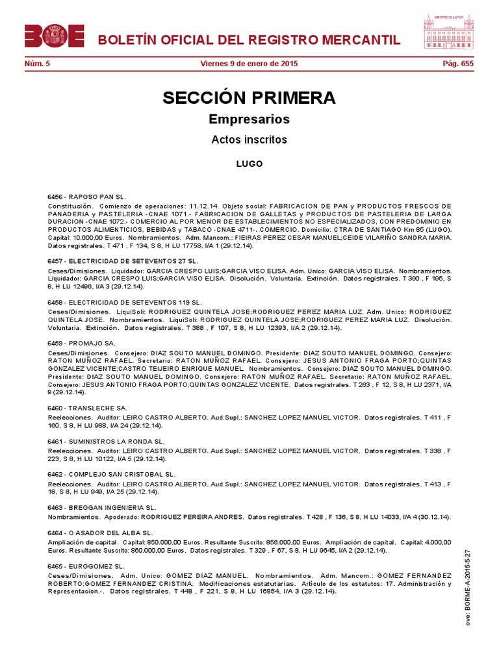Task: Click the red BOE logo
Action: (x=55, y=36)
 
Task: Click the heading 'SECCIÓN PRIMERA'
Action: (x=249, y=98)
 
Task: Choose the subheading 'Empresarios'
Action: (x=249, y=119)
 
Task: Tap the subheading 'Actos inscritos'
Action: (x=249, y=140)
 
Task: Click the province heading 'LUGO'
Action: (x=249, y=164)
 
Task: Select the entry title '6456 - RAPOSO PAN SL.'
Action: (x=86, y=196)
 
